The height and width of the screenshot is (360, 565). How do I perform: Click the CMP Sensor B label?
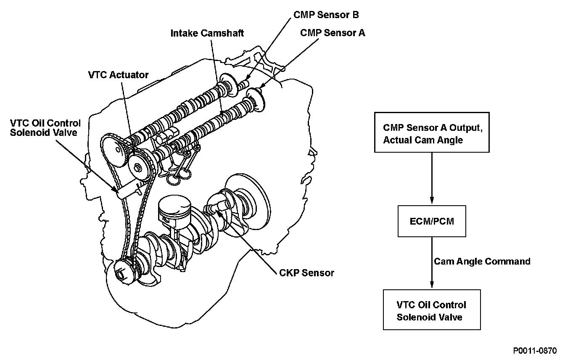click(326, 15)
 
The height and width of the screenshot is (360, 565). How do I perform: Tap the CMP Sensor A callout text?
click(333, 33)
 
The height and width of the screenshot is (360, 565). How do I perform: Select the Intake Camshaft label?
click(207, 33)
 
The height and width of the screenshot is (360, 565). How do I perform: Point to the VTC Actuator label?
click(119, 75)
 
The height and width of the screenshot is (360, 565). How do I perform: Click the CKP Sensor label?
click(306, 273)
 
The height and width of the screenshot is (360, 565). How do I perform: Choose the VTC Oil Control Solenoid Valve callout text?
click(45, 127)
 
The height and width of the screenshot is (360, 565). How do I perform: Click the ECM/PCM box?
click(432, 221)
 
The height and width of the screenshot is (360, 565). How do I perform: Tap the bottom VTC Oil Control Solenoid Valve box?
click(432, 310)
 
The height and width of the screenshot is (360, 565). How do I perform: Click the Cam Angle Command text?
click(482, 262)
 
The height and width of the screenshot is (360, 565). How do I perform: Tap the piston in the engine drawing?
click(175, 210)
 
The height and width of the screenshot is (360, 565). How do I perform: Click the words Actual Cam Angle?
click(423, 140)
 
